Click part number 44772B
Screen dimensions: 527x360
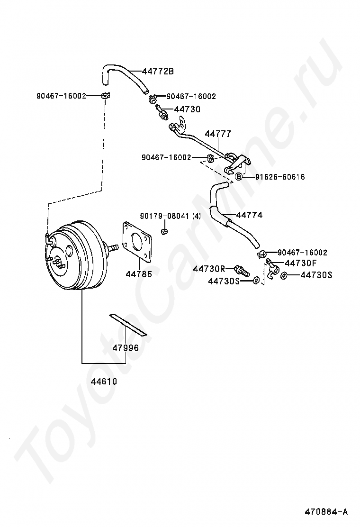point(158,72)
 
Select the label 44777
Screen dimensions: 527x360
point(217,134)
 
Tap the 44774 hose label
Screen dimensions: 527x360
point(249,215)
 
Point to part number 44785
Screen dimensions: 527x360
point(139,273)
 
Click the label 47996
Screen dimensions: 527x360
point(126,348)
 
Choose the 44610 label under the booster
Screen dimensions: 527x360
point(104,381)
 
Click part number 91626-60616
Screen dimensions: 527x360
point(279,177)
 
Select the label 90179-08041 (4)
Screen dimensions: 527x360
point(170,216)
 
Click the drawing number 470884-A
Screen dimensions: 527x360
point(326,511)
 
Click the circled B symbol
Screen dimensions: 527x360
point(239,177)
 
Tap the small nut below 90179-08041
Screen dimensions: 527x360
point(165,231)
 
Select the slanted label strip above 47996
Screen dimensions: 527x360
point(128,324)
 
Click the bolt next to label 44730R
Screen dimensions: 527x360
point(242,272)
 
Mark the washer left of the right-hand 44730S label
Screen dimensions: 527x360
point(284,275)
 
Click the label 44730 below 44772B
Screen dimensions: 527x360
point(187,109)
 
